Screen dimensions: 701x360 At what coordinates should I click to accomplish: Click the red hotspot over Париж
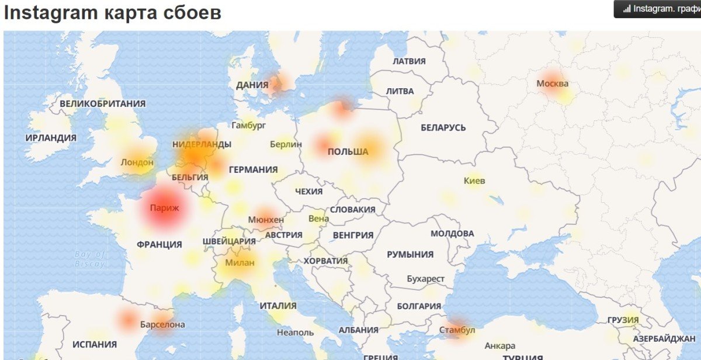(164, 207)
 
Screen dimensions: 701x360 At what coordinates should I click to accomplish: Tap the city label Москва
(552, 83)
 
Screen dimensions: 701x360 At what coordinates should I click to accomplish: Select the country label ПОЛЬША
(348, 152)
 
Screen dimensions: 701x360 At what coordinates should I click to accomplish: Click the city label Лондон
(137, 162)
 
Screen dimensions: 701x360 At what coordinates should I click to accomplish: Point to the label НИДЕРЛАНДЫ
(202, 144)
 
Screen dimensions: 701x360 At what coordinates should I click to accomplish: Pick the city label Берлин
(286, 144)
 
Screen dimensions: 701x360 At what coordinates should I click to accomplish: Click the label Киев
(474, 181)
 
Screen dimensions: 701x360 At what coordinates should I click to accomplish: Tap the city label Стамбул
(458, 330)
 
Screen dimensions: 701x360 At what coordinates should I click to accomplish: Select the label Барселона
(162, 324)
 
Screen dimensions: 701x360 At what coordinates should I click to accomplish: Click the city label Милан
(240, 262)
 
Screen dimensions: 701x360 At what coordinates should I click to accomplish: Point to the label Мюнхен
(266, 220)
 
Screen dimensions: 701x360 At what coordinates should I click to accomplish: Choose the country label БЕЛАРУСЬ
(443, 127)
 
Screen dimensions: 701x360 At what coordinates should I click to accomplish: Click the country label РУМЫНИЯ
(410, 254)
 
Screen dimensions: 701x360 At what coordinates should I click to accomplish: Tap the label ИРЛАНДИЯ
(51, 138)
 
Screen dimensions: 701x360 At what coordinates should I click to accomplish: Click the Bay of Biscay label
(90, 259)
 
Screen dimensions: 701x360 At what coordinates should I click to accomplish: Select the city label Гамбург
(249, 125)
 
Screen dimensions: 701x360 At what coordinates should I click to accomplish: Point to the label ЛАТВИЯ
(409, 61)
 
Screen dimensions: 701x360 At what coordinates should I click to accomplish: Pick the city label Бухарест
(425, 279)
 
